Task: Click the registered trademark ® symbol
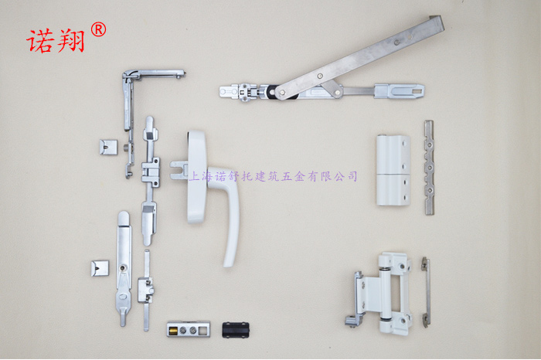coord(99,29)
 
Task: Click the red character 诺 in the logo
coord(41,41)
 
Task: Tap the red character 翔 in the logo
coord(70,41)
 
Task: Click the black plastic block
coord(236,330)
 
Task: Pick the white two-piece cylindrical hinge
coord(393,171)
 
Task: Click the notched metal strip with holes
coord(429,168)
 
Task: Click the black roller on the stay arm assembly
coord(274,92)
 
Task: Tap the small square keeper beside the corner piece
coord(108,148)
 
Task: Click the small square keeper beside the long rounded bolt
coord(100,268)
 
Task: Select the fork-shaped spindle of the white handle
coord(179,171)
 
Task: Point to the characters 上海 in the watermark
coord(200,177)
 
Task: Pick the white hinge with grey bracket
coord(379,293)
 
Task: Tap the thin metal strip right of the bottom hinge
coord(426,292)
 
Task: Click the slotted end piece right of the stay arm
coord(400,91)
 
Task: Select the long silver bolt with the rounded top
coord(124,268)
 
